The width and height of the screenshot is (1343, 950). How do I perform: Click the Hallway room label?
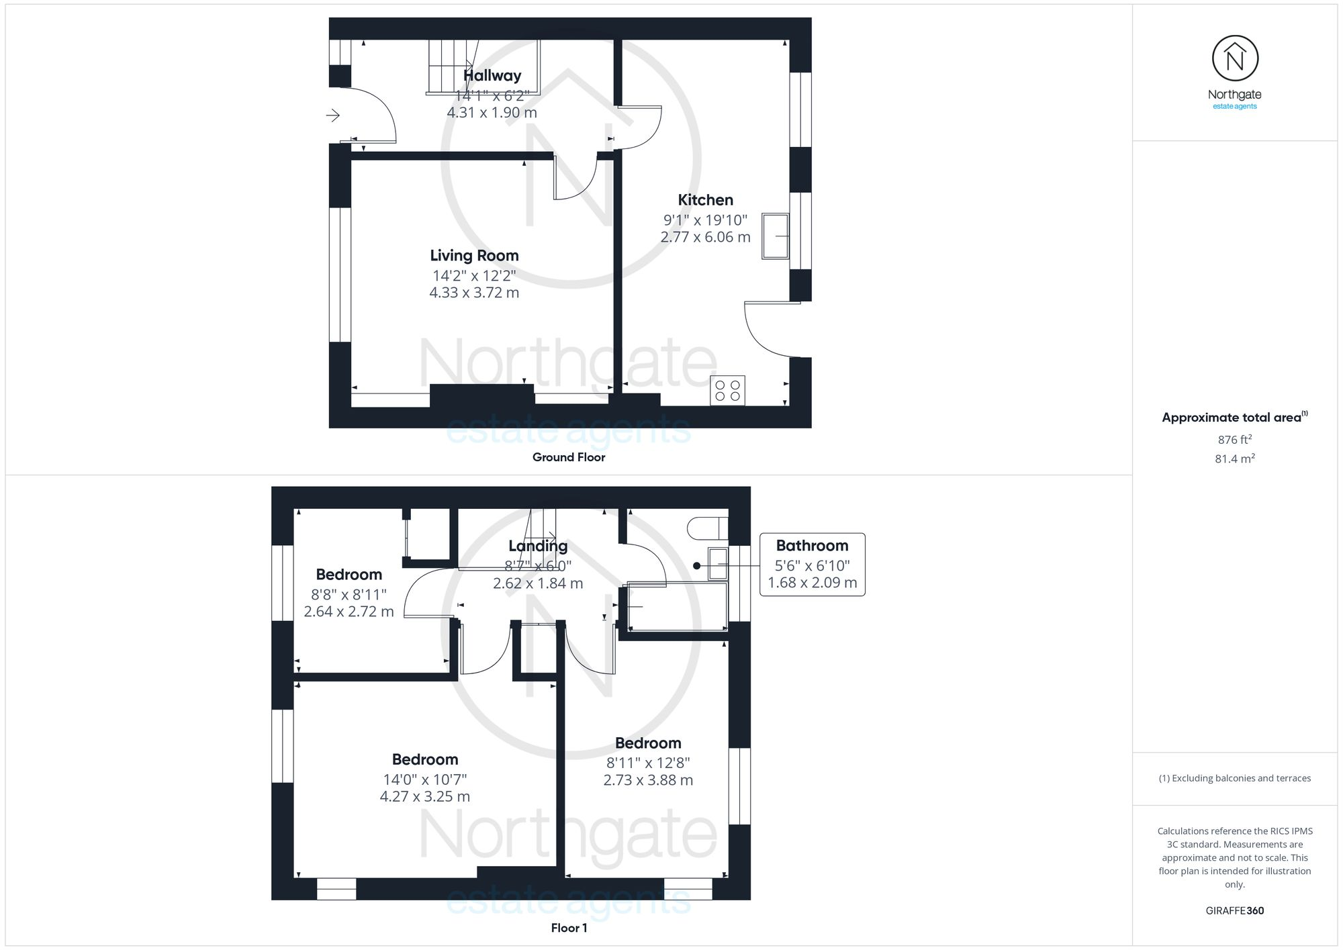[492, 76]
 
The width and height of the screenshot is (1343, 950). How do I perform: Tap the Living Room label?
[474, 256]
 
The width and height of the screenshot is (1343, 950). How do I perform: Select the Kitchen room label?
[705, 200]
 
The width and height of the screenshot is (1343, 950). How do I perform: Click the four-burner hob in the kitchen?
[727, 390]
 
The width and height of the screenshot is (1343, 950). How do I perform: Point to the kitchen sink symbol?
[775, 236]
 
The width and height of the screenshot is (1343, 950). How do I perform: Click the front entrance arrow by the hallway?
[333, 115]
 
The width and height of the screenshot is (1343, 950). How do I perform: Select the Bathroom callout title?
[812, 546]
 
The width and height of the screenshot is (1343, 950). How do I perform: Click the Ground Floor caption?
[569, 457]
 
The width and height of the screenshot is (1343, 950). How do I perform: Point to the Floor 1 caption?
[569, 928]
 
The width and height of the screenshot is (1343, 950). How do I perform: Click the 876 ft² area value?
[1234, 440]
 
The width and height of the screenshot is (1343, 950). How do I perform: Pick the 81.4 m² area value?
[1234, 459]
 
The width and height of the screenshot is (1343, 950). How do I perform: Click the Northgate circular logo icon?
[1235, 59]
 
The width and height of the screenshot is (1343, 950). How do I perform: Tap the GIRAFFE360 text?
[1234, 911]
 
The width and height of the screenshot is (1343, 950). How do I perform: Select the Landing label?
[538, 546]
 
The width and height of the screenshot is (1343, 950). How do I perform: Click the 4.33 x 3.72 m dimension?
[474, 293]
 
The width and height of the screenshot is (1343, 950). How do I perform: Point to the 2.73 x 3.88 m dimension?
[648, 780]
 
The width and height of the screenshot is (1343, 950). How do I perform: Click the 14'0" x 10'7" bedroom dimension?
[425, 779]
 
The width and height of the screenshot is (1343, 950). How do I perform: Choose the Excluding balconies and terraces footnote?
[1234, 779]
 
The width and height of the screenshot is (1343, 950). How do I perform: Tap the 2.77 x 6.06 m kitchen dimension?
[705, 237]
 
